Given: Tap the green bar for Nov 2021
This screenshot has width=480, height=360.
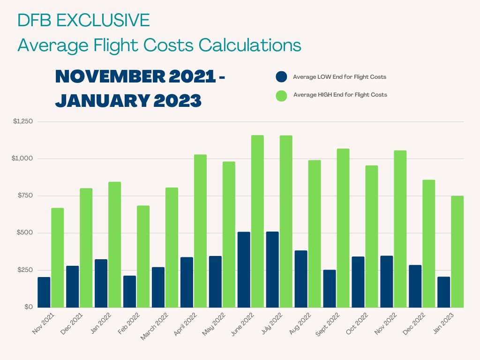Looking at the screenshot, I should (x=58, y=257).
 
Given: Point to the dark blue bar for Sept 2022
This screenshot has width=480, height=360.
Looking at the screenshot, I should (x=329, y=288).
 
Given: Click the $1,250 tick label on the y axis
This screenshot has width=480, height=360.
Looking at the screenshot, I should (x=22, y=122).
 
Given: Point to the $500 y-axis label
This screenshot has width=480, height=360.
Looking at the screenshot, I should (x=25, y=233).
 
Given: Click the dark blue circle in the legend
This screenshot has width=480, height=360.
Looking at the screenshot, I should (x=281, y=77).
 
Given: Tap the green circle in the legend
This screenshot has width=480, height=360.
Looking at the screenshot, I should (x=281, y=95).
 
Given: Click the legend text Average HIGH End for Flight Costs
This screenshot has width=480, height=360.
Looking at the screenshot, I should (x=340, y=95).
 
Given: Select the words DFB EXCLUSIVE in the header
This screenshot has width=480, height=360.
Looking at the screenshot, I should (x=83, y=20).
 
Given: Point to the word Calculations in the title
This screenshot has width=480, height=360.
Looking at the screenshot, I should (x=249, y=45).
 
